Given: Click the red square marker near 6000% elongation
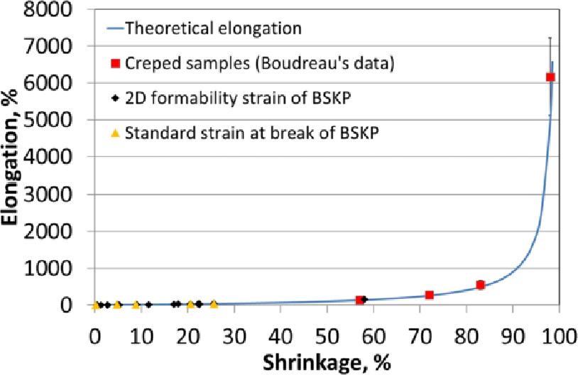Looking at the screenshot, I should click(x=550, y=77).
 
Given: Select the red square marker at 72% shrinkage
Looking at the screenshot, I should click(x=429, y=295).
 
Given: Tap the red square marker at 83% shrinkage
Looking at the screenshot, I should click(x=480, y=285).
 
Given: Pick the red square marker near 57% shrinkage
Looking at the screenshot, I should click(x=359, y=300).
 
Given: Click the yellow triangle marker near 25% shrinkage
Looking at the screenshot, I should click(x=214, y=304).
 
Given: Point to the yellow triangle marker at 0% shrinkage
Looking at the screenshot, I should click(x=95, y=305).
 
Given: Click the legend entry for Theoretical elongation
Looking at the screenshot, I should click(x=213, y=29).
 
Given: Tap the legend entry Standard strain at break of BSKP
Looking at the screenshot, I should click(x=251, y=131).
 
